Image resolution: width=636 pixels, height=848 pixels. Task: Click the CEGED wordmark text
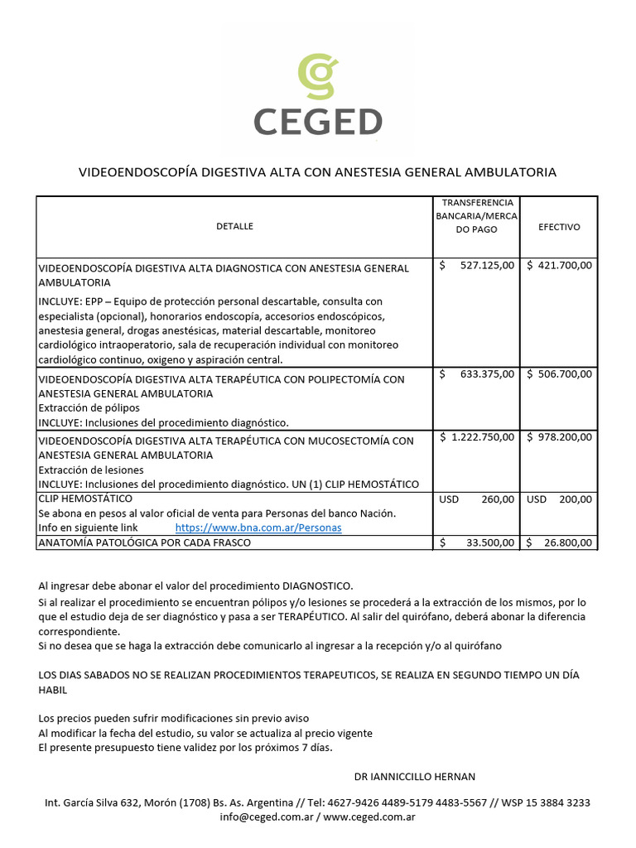tap(318, 122)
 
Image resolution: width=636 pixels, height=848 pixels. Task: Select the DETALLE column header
tap(234, 226)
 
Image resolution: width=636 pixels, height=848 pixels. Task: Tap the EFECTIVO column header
tap(559, 226)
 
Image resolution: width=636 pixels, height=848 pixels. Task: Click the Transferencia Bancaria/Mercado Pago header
tap(476, 216)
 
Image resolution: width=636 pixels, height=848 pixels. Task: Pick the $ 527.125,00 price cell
tap(477, 265)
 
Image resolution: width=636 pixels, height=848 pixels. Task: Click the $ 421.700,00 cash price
tap(559, 265)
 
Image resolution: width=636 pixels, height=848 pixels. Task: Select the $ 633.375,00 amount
tap(477, 374)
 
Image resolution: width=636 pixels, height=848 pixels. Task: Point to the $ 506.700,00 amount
tap(559, 374)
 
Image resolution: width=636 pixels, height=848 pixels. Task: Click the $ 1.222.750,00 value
tap(477, 436)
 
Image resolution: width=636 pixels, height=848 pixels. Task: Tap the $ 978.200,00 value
tap(559, 436)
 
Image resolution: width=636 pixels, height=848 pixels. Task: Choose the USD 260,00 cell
tap(477, 499)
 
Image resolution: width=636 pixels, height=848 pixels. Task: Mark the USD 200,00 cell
tap(559, 499)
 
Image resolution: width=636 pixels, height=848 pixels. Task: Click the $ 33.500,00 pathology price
tap(477, 542)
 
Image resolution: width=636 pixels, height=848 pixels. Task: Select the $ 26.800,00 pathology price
tap(559, 542)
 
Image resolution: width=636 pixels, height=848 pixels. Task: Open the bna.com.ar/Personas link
tap(258, 528)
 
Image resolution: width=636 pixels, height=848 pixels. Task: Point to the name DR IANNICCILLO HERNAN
tap(414, 777)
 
